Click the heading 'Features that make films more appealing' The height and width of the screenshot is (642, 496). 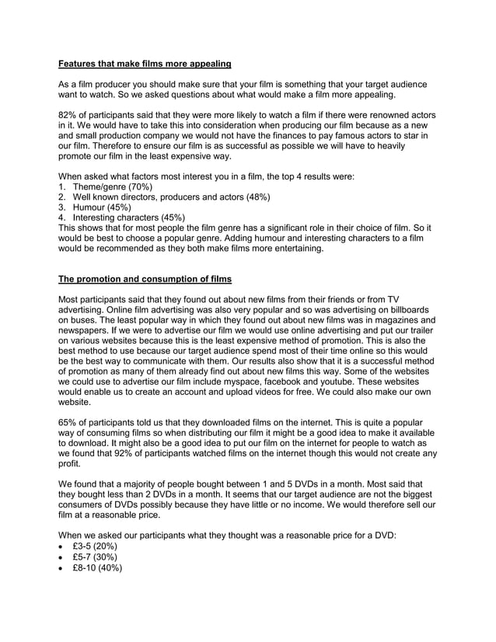coord(145,62)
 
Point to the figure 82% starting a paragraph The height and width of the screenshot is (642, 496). coord(69,115)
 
